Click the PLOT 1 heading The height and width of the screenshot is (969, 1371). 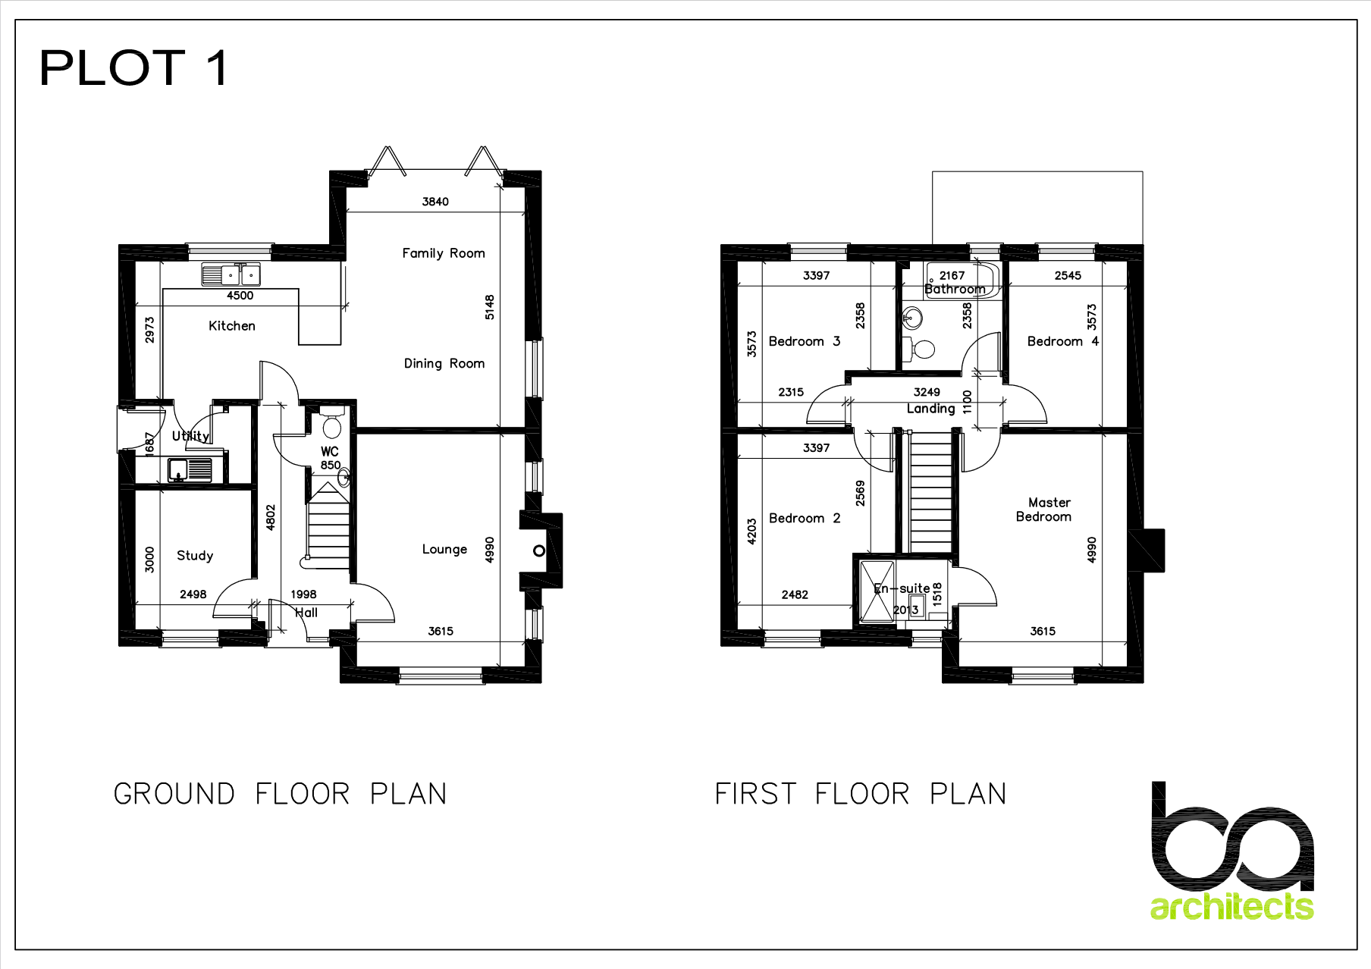[133, 67]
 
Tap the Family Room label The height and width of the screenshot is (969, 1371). [444, 253]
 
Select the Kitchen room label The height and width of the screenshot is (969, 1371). [232, 326]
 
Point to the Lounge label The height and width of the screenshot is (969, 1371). [444, 550]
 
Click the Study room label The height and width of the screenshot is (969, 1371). [195, 556]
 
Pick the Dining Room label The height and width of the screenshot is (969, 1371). [444, 364]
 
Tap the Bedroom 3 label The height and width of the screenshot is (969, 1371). [805, 341]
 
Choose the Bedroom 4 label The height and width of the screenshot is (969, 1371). [1063, 341]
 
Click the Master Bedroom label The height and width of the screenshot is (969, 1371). [1044, 510]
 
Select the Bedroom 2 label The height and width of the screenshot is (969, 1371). [805, 519]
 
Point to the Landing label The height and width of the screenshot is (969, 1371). [931, 409]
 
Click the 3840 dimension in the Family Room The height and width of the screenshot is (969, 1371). [435, 202]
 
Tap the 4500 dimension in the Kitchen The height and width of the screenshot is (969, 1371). [240, 296]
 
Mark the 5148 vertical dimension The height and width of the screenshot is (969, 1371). [490, 307]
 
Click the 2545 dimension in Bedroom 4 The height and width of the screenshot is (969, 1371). [1068, 275]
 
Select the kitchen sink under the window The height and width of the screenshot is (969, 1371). [231, 274]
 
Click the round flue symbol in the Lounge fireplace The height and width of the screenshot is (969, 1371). [539, 551]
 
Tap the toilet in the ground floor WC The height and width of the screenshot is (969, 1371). [331, 423]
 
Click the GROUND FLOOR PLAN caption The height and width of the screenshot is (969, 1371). [281, 794]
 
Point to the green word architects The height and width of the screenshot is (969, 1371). [1232, 907]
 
